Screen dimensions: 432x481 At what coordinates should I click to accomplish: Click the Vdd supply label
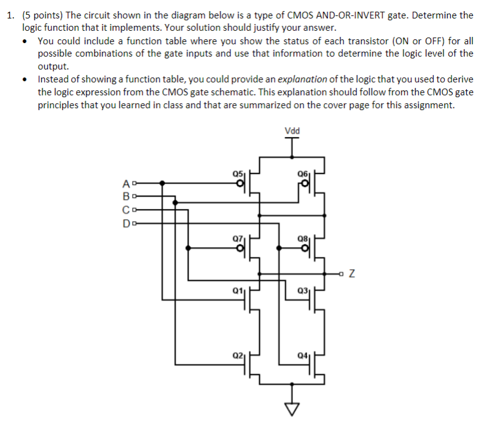292,130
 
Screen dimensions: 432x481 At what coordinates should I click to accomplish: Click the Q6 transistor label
301,173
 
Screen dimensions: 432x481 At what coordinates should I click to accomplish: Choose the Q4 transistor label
301,355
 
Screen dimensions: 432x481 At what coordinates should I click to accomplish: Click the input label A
126,183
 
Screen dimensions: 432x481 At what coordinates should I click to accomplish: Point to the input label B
126,197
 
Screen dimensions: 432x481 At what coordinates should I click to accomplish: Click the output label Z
352,273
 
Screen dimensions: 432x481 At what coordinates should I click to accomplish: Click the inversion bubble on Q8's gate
306,248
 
